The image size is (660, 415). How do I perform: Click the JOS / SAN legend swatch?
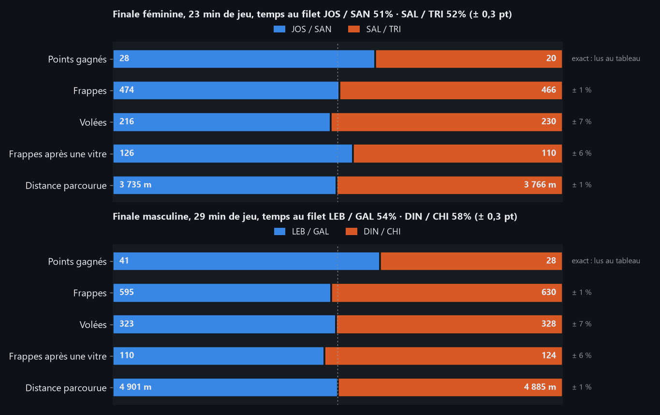279,29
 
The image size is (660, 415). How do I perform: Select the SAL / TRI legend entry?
375,29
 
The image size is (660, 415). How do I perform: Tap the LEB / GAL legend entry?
301,232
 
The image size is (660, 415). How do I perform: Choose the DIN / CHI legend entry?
373,232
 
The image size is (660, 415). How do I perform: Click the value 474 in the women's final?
127,90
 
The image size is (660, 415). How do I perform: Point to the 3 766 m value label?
540,185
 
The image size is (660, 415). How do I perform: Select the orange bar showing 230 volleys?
447,122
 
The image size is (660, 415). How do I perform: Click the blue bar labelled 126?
233,153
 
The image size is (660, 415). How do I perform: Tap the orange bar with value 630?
447,293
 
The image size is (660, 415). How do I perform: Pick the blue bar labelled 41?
246,261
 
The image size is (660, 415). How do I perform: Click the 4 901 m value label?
135,387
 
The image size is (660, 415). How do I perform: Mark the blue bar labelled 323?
224,324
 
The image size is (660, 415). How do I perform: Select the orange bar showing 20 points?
469,59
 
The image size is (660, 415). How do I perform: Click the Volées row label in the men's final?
93,325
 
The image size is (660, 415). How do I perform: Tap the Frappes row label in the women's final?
90,91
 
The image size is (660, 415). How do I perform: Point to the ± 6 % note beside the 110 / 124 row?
582,356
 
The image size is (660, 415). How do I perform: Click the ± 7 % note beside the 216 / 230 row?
582,122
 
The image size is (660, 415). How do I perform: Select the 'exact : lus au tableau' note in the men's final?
606,261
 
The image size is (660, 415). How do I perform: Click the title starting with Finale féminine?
312,14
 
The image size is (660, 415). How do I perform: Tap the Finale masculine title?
315,217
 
